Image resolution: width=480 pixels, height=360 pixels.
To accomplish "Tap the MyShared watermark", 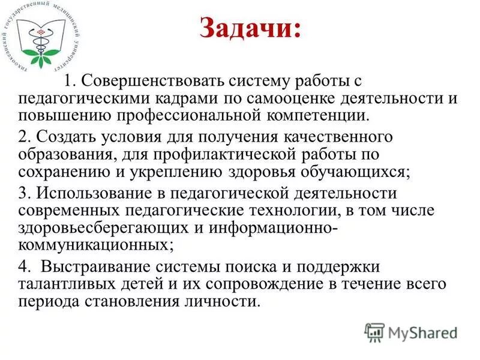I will pyautogui.click(x=412, y=332).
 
